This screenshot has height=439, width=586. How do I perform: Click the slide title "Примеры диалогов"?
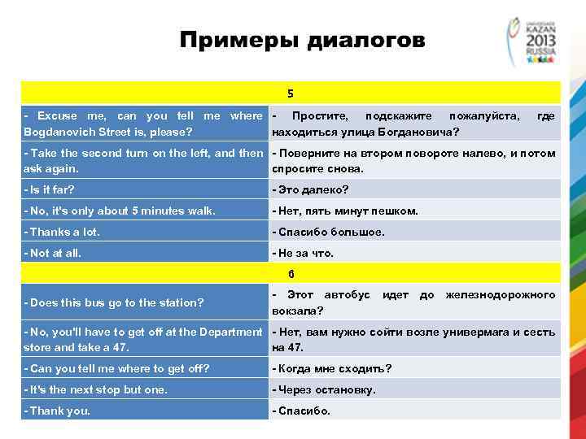click(302, 40)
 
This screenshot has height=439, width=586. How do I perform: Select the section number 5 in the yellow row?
click(291, 93)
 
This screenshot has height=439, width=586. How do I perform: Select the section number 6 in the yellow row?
click(291, 273)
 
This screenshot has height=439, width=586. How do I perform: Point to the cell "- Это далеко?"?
click(310, 189)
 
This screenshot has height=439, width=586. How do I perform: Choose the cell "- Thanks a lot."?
click(63, 232)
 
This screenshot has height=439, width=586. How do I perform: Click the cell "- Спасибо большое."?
click(328, 232)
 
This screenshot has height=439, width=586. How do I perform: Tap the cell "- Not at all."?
click(54, 253)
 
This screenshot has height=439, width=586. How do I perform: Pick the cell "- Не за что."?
click(303, 253)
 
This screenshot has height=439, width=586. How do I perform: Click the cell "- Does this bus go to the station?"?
click(115, 302)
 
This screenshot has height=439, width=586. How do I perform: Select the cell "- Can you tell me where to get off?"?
click(117, 368)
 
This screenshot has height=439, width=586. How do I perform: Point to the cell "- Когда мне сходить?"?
click(331, 368)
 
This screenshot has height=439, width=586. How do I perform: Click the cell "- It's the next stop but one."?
click(97, 389)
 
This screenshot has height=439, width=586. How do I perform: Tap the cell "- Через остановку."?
click(324, 389)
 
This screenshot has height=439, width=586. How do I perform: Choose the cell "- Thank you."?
click(58, 411)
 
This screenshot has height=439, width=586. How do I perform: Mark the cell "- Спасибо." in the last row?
click(301, 411)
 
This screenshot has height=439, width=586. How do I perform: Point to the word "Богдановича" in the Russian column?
click(418, 131)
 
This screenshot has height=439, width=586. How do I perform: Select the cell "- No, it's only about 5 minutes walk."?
click(120, 211)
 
